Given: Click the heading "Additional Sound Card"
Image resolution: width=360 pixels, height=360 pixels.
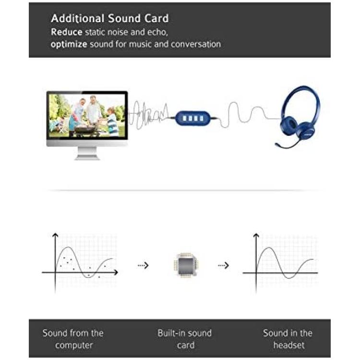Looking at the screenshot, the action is tap(110, 18).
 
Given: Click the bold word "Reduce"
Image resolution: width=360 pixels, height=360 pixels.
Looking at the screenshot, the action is tap(67, 32).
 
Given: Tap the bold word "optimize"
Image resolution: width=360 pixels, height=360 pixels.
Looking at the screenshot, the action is tap(69, 44).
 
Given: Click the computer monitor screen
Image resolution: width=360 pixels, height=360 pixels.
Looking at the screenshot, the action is tap(87, 116).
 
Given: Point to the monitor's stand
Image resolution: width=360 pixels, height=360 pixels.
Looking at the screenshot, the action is tap(87, 153).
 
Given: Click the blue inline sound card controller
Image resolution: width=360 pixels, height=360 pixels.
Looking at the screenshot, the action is tap(193, 118).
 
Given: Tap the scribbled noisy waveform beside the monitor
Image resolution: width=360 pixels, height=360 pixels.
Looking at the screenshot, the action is tap(148, 115).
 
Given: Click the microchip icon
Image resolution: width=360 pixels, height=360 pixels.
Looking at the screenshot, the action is tap(185, 265).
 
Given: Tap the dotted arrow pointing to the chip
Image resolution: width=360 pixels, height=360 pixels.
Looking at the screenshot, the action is tap(143, 265).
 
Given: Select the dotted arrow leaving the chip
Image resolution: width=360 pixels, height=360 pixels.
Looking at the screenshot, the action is tap(223, 265).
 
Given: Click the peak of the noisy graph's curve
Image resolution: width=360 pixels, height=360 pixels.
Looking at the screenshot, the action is tap(68, 247).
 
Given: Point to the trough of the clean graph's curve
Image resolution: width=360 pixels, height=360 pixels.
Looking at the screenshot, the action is tap(290, 278).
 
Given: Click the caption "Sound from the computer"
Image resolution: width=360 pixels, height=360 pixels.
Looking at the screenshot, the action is tap(73, 339).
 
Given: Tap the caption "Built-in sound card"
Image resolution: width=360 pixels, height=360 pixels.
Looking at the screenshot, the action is tap(185, 339).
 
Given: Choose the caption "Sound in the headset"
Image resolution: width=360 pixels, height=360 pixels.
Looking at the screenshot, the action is tap(288, 339).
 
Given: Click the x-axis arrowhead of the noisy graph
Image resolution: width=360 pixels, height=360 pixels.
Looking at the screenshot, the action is tap(116, 273).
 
